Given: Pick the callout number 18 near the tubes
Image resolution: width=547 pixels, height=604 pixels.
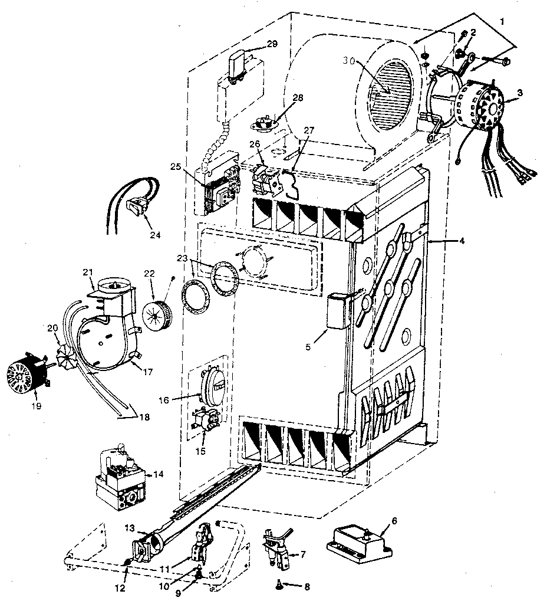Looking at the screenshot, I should tap(143, 417).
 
